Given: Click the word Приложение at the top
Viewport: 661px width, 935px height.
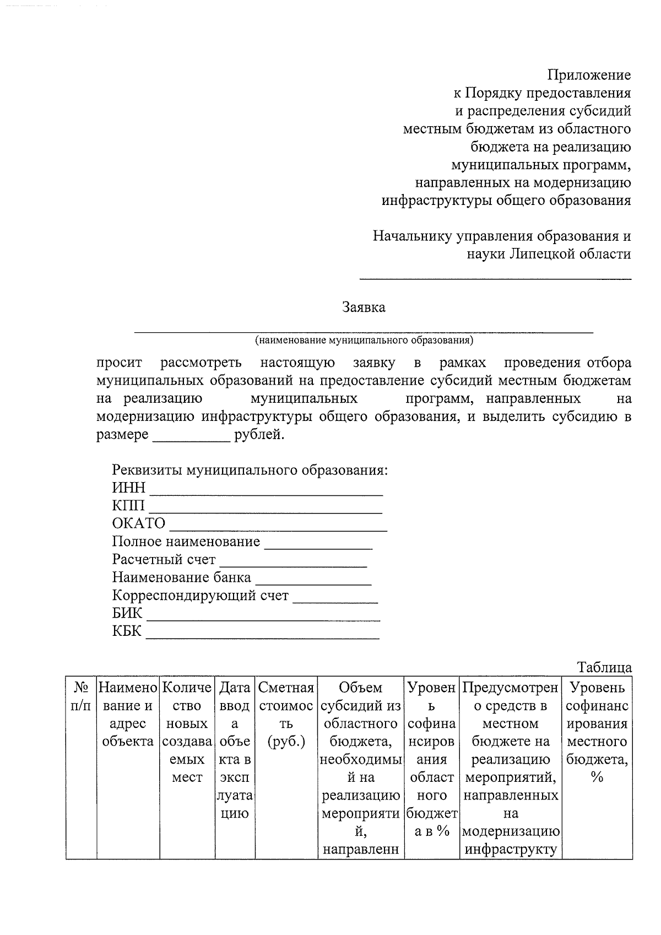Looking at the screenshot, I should click(x=589, y=75).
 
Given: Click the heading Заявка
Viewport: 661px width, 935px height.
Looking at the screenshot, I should click(x=364, y=307).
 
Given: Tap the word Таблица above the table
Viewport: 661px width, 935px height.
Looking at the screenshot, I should click(x=604, y=668).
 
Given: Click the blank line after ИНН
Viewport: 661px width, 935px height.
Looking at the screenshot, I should click(x=267, y=492).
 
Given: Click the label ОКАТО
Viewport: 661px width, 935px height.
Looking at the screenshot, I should click(x=138, y=523).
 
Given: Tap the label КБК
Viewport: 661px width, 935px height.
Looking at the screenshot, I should click(x=127, y=631).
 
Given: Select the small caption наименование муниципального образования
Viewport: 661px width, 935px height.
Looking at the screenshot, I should click(x=364, y=341).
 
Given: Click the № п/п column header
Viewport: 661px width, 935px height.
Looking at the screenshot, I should click(x=81, y=697).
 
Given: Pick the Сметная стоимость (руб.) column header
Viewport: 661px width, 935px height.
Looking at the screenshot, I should click(x=286, y=715).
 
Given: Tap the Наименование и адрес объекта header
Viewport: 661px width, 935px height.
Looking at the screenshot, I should click(x=128, y=715).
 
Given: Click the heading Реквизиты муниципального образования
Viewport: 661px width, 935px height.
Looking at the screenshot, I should click(x=250, y=471).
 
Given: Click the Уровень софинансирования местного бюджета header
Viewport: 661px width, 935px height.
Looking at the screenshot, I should click(x=597, y=732).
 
